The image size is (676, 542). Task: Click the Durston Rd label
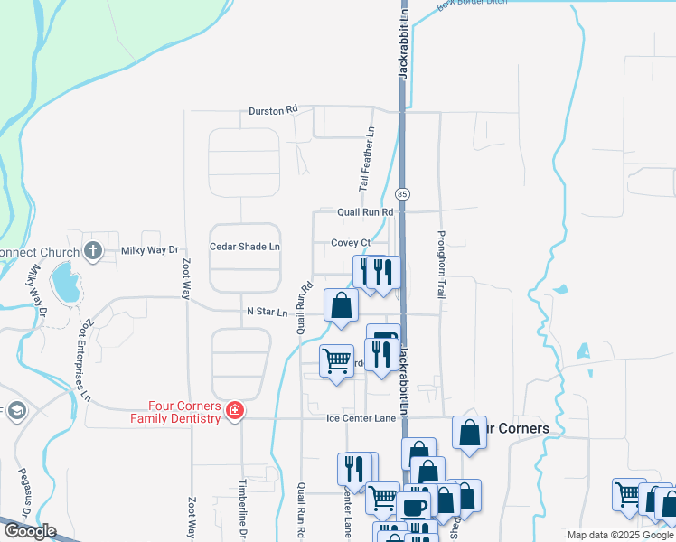coord(273,110)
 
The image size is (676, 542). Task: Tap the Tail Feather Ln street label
coord(369,159)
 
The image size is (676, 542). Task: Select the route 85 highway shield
coord(402,194)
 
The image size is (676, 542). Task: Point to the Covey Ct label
coord(351,243)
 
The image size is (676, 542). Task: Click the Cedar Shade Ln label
coord(245,247)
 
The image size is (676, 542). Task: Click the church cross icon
coord(92,250)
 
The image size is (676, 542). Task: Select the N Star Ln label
coord(267,313)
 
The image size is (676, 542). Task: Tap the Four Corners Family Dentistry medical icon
coord(235,412)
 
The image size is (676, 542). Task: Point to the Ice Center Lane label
coord(361,418)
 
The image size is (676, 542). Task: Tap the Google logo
coord(29,531)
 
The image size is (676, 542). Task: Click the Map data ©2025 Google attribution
coord(619,535)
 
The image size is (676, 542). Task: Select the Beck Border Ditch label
coord(474,5)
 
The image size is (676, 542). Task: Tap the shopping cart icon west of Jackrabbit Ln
coord(337,360)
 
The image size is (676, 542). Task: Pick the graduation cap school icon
coord(14,412)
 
